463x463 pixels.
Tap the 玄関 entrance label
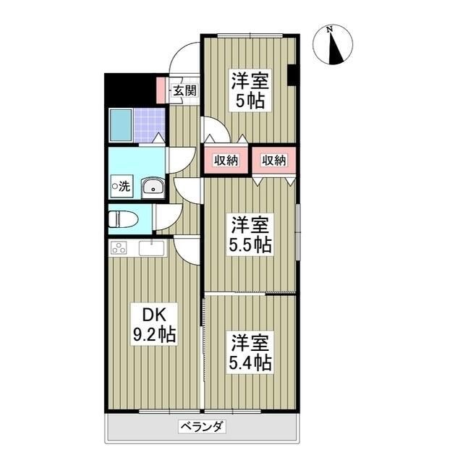(x=184, y=90)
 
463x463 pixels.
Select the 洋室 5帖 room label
(x=248, y=90)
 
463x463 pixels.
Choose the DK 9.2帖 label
(x=153, y=324)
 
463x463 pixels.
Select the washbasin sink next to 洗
(x=153, y=187)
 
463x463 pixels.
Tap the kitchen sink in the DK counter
(x=153, y=248)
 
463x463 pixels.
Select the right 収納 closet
(x=274, y=160)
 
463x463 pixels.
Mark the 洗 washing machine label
(x=122, y=186)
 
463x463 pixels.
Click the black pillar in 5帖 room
(x=292, y=75)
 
